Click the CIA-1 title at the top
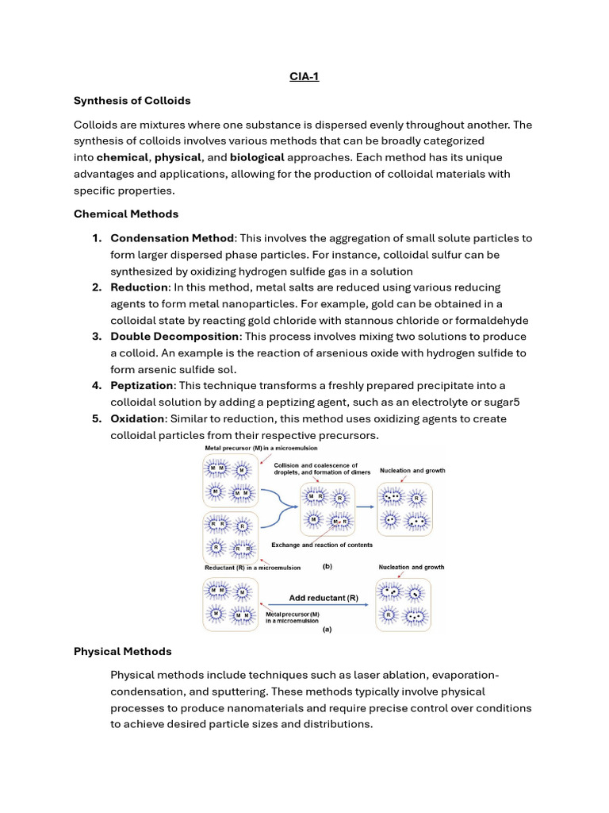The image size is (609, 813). pos(304,78)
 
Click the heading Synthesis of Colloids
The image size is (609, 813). pos(132,101)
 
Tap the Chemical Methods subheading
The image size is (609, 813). pos(126,214)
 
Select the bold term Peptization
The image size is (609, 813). pos(142,386)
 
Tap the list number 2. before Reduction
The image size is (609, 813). pos(98,287)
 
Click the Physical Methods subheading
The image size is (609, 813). pos(122,651)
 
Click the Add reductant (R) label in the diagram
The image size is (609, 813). pos(317,597)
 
